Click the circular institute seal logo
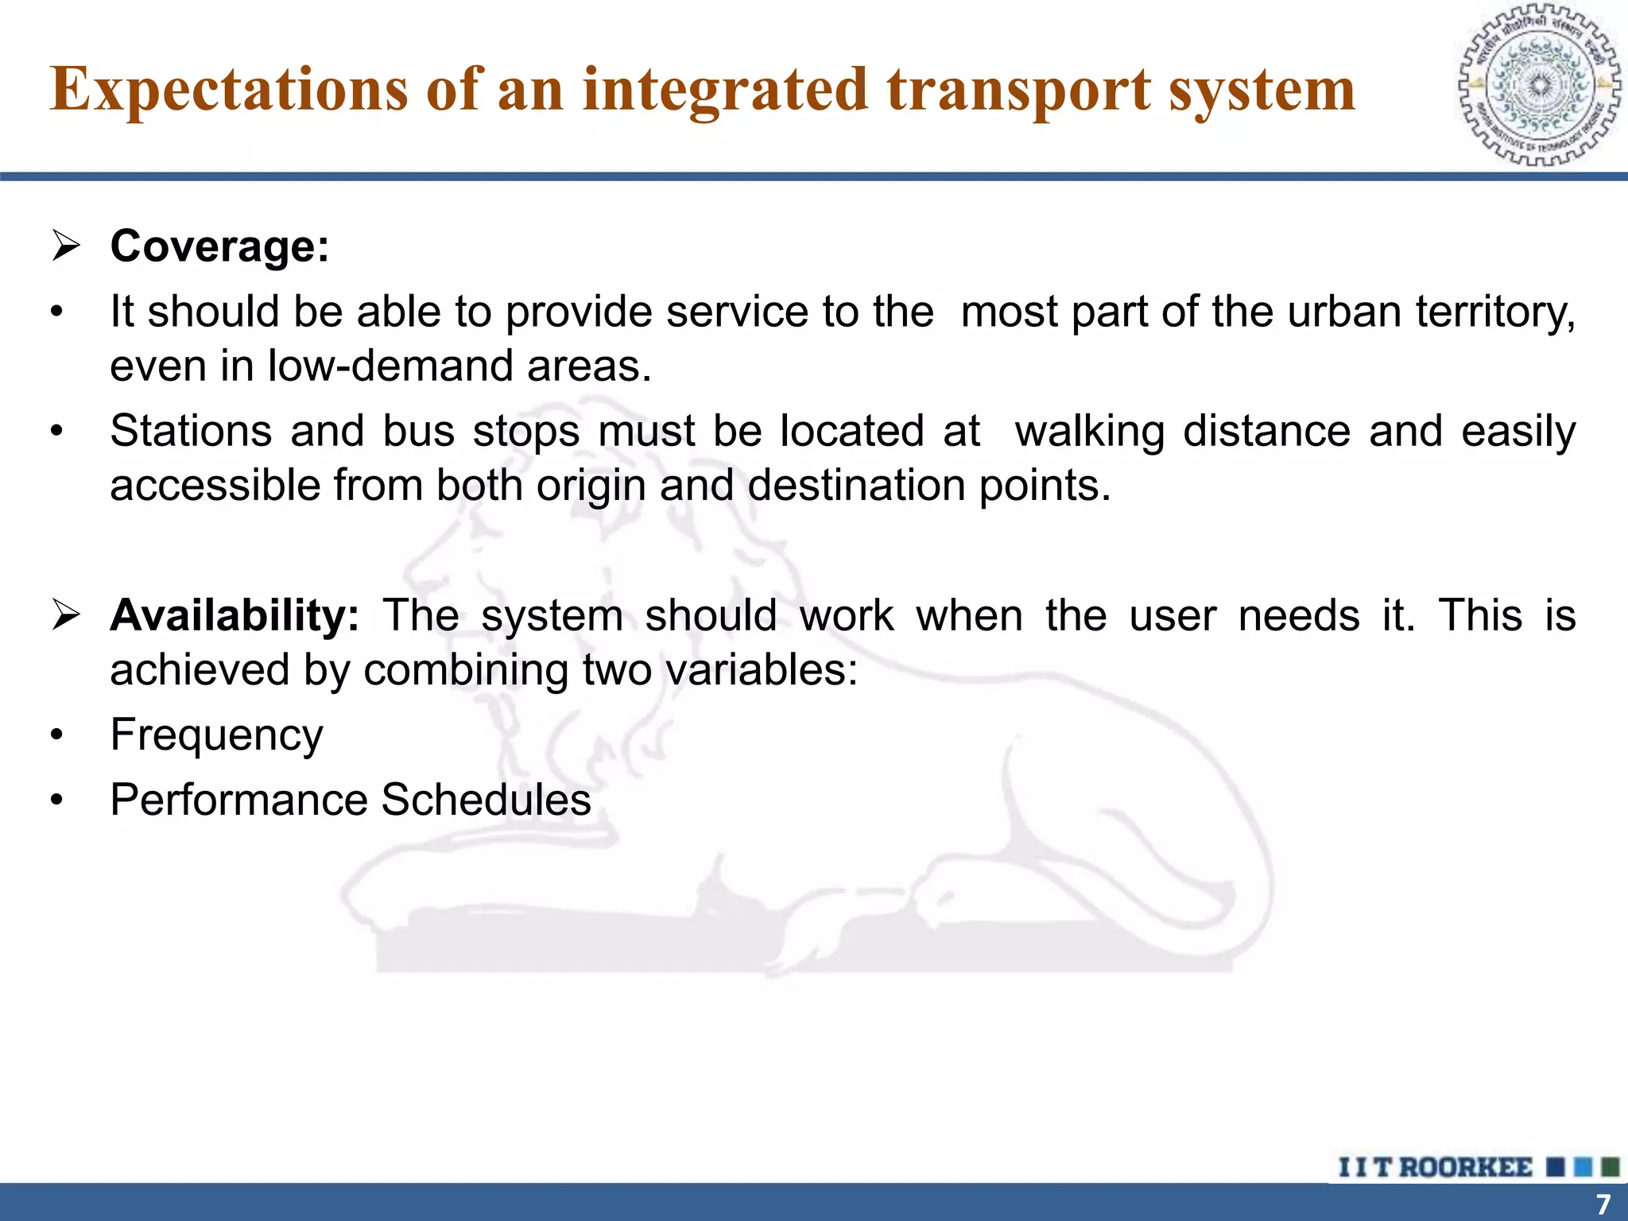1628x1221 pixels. [1539, 85]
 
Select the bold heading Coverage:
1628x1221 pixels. [219, 246]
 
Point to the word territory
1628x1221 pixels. [1494, 312]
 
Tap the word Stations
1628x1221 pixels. [190, 432]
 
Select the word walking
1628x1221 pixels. [1089, 432]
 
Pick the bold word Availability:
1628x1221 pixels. [235, 616]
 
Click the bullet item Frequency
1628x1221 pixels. [216, 735]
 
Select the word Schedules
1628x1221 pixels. [486, 800]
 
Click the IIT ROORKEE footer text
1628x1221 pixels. [1435, 1168]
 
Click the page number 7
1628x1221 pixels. [1603, 1204]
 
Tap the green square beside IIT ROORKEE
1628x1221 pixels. [1610, 1168]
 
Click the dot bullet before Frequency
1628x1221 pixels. [56, 736]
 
